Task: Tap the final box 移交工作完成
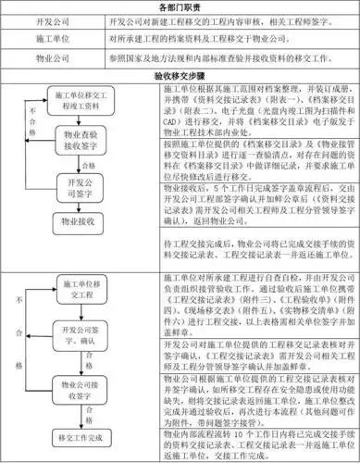pos(79,435)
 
